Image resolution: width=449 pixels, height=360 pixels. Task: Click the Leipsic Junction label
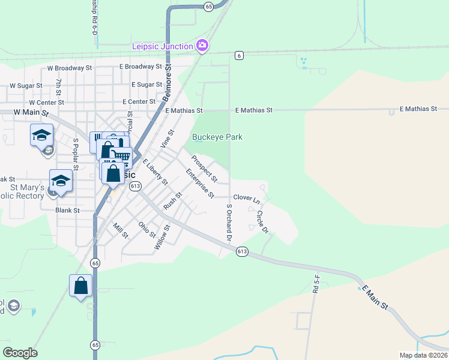click(163, 46)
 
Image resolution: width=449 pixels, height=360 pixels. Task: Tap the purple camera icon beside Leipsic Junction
click(202, 45)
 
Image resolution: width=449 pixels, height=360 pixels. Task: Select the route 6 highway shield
click(239, 55)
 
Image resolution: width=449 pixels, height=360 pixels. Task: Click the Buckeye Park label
click(217, 137)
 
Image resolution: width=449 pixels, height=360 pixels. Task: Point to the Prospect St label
click(204, 169)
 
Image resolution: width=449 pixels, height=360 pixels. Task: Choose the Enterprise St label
click(200, 183)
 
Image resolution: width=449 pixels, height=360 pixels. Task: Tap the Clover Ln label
click(246, 197)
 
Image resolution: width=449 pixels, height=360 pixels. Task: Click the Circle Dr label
click(261, 221)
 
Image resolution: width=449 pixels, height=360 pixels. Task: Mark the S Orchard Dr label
click(229, 223)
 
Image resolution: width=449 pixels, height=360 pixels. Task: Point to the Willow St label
click(162, 238)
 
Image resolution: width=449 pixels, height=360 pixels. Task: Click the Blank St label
click(67, 211)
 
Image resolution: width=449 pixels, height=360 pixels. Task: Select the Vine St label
click(167, 139)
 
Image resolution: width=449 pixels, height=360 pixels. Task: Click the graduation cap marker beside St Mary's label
click(61, 180)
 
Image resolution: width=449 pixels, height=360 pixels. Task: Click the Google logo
click(20, 353)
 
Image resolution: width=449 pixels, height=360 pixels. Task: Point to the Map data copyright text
click(423, 355)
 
